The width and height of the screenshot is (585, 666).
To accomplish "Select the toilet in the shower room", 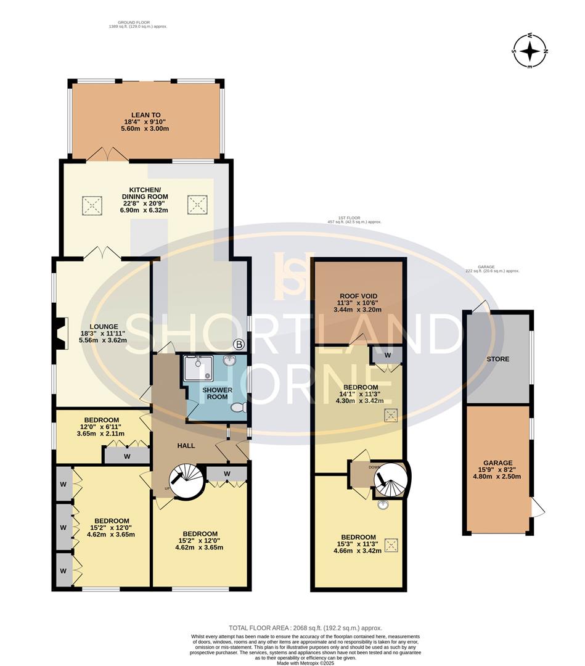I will click(238, 408).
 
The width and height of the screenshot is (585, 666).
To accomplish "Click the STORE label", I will click(497, 358).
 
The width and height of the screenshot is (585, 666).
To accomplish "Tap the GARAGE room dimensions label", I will click(497, 471).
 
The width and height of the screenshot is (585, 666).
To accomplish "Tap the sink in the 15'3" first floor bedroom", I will click(382, 504).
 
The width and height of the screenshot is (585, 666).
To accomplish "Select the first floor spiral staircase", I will click(389, 479).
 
